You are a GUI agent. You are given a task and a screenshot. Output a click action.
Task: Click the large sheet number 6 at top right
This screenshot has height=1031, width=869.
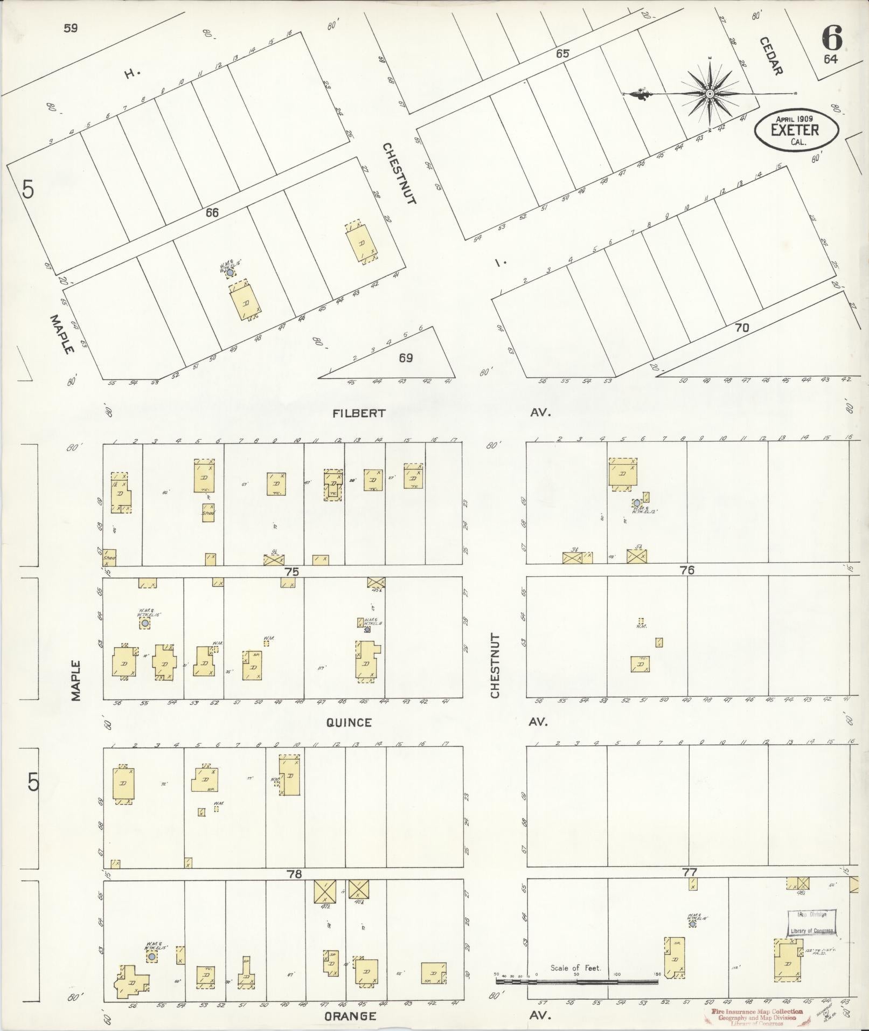[x=832, y=37]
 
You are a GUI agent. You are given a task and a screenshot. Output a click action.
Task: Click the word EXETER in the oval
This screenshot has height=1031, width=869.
[x=795, y=130]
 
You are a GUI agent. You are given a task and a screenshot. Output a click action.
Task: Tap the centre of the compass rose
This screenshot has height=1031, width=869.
[x=710, y=94]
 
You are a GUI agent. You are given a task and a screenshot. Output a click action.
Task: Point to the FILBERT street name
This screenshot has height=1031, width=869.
[x=359, y=413]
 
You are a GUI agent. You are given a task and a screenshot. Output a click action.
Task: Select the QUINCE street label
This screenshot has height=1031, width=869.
[x=349, y=723]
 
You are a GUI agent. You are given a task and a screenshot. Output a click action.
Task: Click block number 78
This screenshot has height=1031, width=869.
[x=294, y=874]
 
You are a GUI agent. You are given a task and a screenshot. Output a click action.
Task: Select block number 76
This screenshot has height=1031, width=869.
[x=687, y=570]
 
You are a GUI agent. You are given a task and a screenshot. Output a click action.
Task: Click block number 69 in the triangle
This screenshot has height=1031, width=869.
[x=405, y=357]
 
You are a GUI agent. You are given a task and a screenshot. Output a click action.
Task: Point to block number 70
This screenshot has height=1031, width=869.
[x=742, y=327]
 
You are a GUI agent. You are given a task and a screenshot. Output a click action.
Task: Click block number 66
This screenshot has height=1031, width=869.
[x=212, y=213]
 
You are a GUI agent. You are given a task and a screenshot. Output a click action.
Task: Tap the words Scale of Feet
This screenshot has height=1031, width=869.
[x=575, y=968]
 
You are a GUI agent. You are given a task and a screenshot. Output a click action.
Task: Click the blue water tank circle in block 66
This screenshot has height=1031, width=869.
[x=230, y=273]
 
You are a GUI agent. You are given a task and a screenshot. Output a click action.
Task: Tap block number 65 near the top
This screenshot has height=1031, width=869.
[x=562, y=54]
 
